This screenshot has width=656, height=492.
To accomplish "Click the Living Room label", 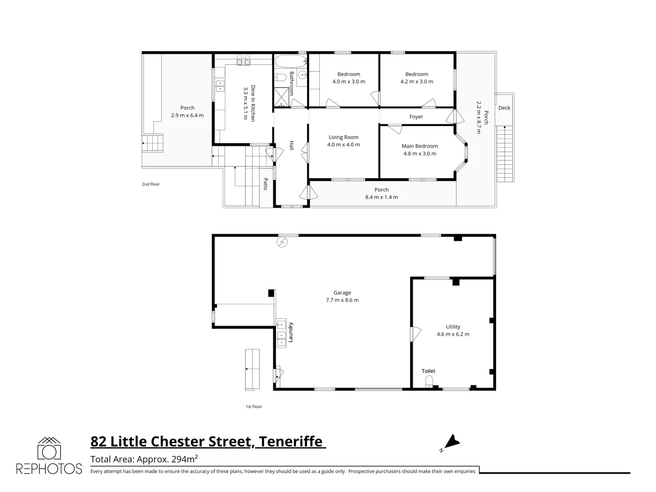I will (x=343, y=137).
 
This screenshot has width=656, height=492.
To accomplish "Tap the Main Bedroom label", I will (x=420, y=146).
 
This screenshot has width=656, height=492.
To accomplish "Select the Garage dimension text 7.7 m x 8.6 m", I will (x=342, y=300).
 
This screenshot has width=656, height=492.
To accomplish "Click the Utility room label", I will (x=453, y=327).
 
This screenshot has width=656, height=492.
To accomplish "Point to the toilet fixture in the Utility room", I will (x=428, y=382).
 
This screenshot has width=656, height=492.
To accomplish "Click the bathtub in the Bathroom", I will (x=289, y=61).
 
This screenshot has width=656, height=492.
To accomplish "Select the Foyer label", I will (x=416, y=117).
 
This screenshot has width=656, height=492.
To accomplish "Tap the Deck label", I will (x=504, y=108).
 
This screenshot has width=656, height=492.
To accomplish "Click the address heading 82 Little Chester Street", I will (x=208, y=441).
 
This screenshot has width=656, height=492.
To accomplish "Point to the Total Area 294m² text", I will (x=144, y=459).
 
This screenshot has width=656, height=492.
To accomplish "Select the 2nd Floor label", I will (x=151, y=184).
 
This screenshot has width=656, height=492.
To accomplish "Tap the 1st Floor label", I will (x=254, y=406).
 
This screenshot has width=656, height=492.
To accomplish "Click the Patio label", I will (x=265, y=184).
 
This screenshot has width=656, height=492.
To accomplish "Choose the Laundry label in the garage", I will (x=288, y=333).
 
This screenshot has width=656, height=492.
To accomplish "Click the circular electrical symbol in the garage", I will (x=282, y=242).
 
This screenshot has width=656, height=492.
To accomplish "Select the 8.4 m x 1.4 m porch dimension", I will (x=381, y=197).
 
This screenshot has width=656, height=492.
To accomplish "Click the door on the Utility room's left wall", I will (x=415, y=334).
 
